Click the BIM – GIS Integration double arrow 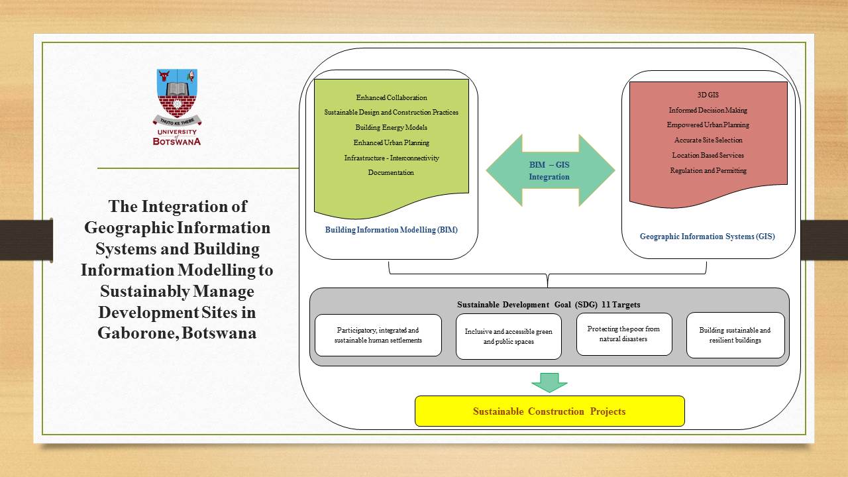550,171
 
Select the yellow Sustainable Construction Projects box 549,411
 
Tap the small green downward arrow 549,382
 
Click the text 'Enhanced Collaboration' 392,98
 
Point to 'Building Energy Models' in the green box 391,127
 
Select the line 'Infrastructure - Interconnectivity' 392,158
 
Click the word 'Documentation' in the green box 391,173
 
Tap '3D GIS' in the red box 708,95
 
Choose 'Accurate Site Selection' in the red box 708,140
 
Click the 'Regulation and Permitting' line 708,171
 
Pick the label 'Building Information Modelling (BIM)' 391,231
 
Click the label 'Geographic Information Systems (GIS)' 707,237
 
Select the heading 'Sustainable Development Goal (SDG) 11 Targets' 549,305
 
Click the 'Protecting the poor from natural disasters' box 623,334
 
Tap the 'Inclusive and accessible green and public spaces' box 508,337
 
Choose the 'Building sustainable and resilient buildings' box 735,335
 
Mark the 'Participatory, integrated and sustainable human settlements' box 378,335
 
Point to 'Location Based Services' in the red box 708,156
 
